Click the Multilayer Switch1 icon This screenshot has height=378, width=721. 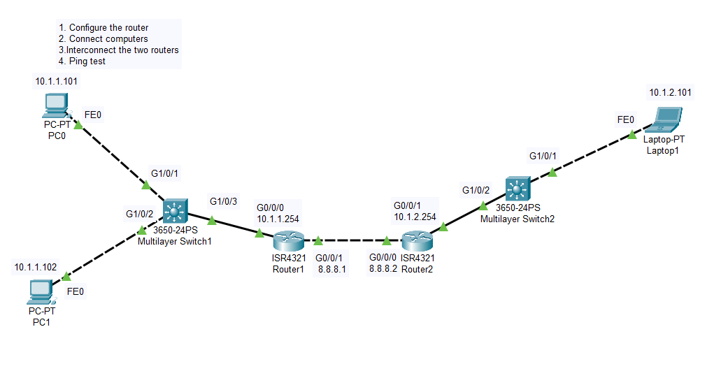point(173,210)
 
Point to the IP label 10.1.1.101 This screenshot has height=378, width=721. point(57,82)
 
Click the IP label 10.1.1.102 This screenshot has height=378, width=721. point(36,267)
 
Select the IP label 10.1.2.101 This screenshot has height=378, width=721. point(670,92)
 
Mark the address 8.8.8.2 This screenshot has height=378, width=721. point(383,268)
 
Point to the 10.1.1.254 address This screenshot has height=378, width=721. point(278,219)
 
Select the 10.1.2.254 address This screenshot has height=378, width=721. point(415,217)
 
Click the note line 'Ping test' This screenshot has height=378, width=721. point(87,61)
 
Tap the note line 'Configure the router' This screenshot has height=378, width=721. point(103,28)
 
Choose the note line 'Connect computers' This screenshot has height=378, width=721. point(103,39)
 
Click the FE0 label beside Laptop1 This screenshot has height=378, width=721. point(626,119)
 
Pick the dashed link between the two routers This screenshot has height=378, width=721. point(352,240)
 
